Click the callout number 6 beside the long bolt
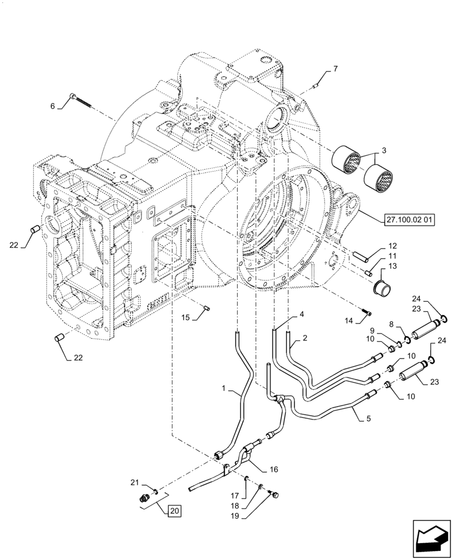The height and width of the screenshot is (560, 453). [52, 106]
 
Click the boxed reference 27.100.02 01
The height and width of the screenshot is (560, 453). [409, 220]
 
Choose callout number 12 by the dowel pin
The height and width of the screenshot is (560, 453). [392, 246]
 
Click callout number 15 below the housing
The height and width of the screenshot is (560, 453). [184, 318]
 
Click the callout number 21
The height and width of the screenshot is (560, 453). [134, 482]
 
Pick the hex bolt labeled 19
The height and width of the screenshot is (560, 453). [275, 494]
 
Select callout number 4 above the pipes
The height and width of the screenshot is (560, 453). [302, 315]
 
